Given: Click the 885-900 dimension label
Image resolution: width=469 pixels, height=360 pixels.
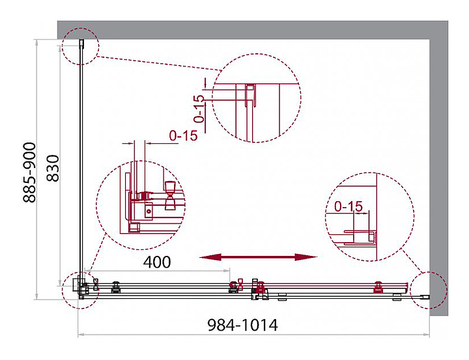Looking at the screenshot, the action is coord(29,173).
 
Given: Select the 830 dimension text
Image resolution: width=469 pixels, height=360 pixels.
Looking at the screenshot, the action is coord(53,168).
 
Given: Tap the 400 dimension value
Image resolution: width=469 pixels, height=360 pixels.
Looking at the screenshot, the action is coord(157,262).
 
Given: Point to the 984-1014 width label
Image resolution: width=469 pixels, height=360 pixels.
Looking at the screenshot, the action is coord(242,325).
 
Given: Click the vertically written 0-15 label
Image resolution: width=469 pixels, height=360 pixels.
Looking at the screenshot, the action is coord(199,109).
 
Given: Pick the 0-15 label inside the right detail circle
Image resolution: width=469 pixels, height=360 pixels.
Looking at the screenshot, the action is coord(348,206).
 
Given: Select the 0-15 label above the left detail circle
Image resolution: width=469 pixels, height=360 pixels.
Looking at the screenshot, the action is coord(184,136).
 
